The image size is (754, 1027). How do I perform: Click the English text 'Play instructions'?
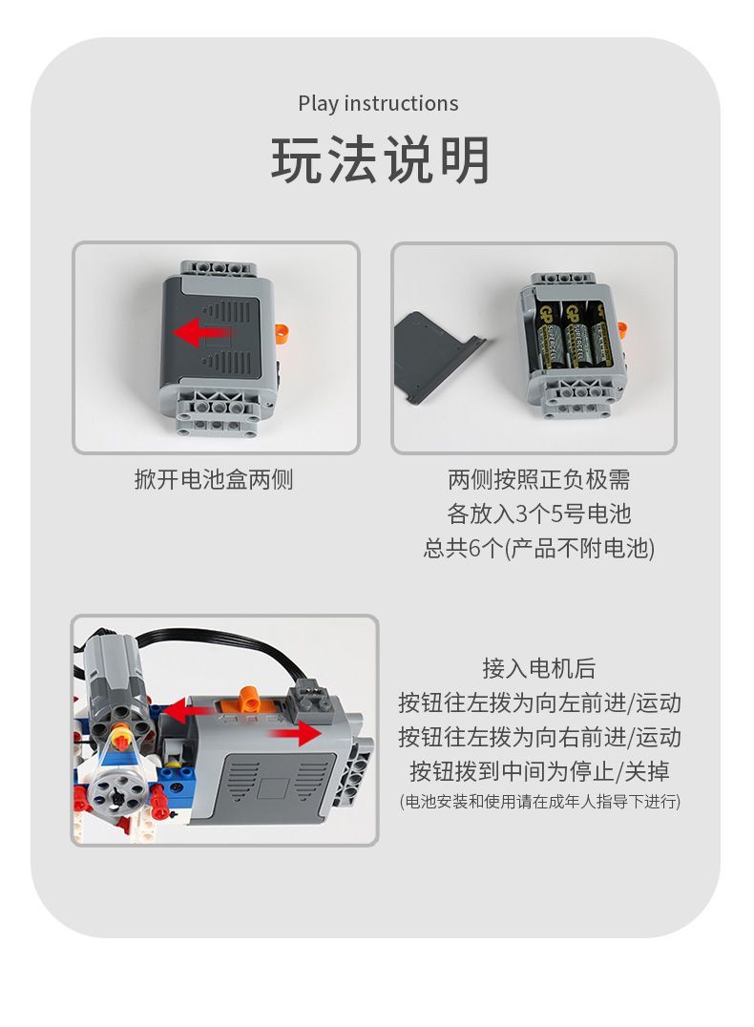tap(378, 103)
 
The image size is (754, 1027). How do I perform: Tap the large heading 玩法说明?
tap(380, 160)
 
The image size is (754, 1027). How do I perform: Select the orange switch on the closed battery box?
tap(282, 330)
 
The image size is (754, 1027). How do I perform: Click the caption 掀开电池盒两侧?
tap(214, 479)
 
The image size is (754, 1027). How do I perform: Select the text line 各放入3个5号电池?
tap(539, 513)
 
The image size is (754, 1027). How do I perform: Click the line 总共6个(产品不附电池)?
tap(539, 548)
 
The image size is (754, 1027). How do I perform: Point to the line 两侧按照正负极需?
tap(539, 479)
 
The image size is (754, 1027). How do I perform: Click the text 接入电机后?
tap(539, 668)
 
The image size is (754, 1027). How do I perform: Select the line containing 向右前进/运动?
tap(539, 737)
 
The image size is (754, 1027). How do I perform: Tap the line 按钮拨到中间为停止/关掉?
tap(539, 770)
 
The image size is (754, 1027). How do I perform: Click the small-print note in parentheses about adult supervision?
tap(539, 801)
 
